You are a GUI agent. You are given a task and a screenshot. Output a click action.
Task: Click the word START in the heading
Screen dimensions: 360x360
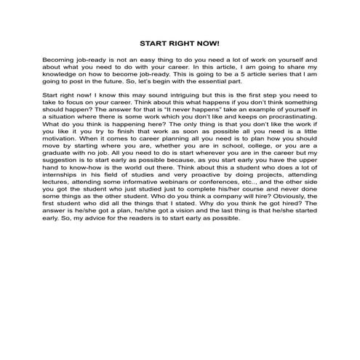(153, 44)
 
